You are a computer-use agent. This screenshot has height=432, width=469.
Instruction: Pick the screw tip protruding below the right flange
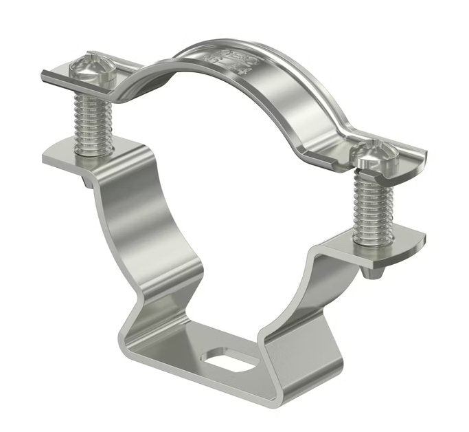pos(375,272)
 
